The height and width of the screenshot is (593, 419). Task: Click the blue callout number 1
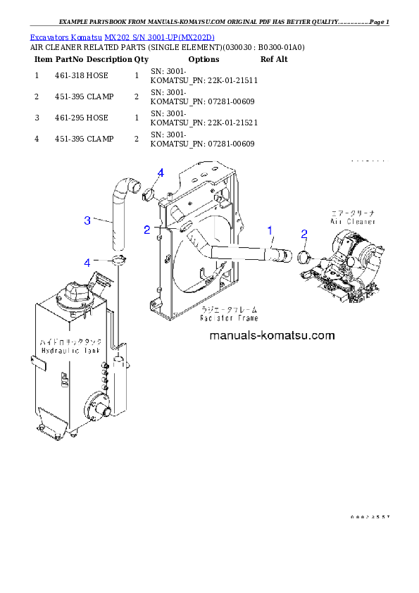(x=269, y=230)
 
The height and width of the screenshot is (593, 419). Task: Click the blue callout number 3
(x=87, y=220)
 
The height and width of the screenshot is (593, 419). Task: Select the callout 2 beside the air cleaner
(x=304, y=234)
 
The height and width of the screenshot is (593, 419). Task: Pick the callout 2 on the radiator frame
(x=146, y=230)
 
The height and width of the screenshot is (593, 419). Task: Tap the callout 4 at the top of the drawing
(x=161, y=173)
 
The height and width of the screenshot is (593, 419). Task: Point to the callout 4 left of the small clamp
(x=87, y=262)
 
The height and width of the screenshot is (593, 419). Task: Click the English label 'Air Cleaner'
(x=354, y=221)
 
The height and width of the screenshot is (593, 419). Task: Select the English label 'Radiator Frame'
(x=229, y=318)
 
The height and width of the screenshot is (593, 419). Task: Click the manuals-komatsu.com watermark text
(x=272, y=336)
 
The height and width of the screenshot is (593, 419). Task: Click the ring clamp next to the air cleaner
(x=304, y=257)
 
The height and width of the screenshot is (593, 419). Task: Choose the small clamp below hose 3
(x=118, y=263)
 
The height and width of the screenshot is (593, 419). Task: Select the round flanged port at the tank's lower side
(x=95, y=405)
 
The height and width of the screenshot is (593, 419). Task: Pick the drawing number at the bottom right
(x=369, y=517)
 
